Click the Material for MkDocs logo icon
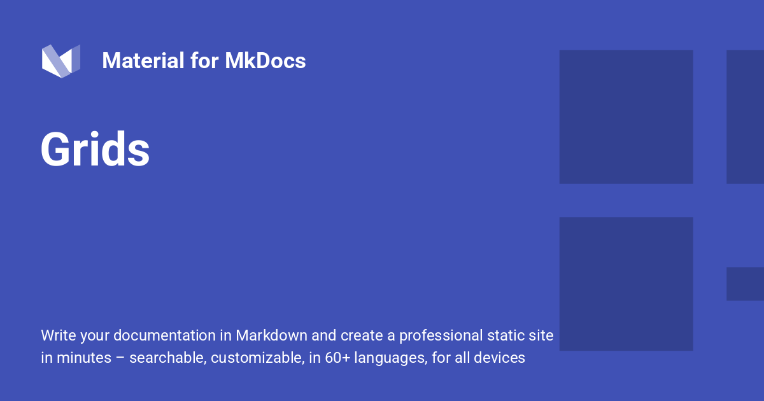61,61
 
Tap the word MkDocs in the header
265,61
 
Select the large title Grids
95,150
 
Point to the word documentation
163,335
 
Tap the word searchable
167,358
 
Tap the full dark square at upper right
626,117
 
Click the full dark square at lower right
626,284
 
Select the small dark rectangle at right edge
746,284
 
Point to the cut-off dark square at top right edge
746,117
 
